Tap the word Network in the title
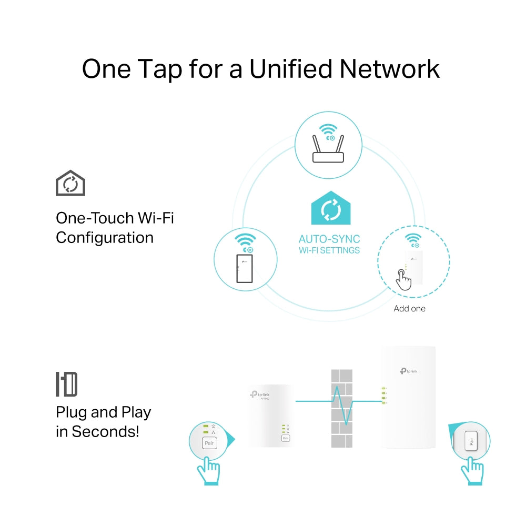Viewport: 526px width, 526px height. (390, 69)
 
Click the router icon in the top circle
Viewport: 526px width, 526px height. (328, 150)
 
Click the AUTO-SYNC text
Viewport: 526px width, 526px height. (329, 239)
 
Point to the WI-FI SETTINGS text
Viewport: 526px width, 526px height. (329, 250)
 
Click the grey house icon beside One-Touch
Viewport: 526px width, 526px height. (70, 184)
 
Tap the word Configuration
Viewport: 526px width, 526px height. (105, 238)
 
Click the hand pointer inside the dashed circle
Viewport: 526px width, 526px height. (403, 279)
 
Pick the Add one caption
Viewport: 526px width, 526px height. (409, 309)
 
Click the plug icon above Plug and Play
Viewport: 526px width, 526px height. (67, 385)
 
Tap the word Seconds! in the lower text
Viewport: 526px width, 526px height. (106, 432)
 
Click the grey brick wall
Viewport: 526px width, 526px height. (341, 408)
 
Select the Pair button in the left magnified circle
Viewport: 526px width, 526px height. (209, 443)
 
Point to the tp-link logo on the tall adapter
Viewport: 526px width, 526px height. (408, 371)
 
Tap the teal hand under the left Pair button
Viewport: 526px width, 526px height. (208, 470)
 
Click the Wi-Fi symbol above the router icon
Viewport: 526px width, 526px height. (328, 129)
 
